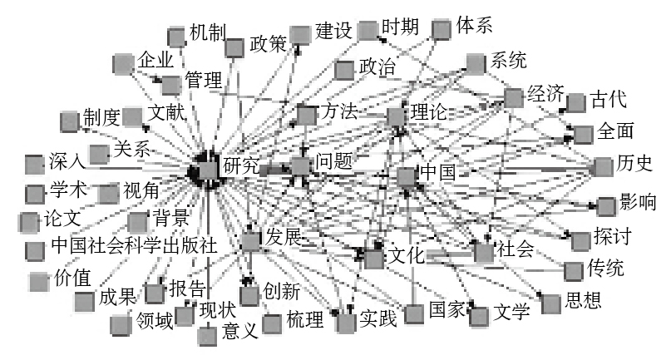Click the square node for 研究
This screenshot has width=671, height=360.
208,170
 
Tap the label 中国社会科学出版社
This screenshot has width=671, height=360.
134,246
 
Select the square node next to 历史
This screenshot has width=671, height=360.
604,166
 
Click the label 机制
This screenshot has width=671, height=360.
208,32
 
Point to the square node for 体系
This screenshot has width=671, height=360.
442,30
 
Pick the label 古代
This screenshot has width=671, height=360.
609,99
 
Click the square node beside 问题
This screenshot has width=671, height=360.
300,166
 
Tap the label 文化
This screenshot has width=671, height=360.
406,255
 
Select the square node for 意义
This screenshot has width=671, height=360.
207,336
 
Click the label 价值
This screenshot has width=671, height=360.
72,279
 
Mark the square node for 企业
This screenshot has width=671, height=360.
123,64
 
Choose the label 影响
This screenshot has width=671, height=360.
638,202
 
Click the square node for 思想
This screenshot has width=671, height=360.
550,304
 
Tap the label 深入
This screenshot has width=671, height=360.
67,161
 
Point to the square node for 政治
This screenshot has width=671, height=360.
344,70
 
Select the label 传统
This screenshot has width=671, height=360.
605,268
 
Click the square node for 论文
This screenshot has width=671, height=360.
28,222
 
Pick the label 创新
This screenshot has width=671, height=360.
281,292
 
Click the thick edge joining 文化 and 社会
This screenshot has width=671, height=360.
450,255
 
